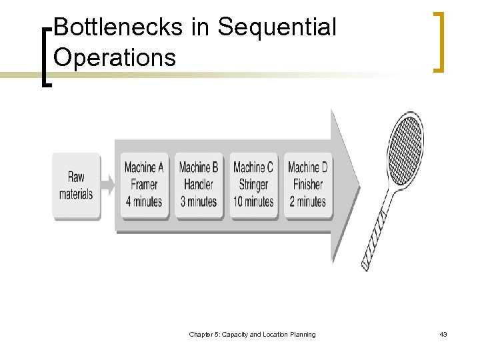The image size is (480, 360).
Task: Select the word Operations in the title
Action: pyautogui.click(x=114, y=57)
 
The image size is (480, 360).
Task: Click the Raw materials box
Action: pyautogui.click(x=76, y=185)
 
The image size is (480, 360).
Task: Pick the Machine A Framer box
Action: pyautogui.click(x=143, y=185)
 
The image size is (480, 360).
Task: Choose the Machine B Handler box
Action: pyautogui.click(x=199, y=185)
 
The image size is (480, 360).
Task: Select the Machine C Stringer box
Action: pyautogui.click(x=253, y=185)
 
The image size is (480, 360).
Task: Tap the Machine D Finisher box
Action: pyautogui.click(x=307, y=185)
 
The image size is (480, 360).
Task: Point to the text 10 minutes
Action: pyautogui.click(x=253, y=201)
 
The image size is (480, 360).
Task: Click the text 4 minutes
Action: pyautogui.click(x=143, y=201)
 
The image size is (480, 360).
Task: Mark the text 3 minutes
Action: pyautogui.click(x=199, y=201)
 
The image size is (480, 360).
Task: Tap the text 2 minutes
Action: pyautogui.click(x=307, y=201)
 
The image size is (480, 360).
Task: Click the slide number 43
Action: pyautogui.click(x=443, y=334)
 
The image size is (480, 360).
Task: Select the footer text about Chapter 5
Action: pyautogui.click(x=252, y=334)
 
